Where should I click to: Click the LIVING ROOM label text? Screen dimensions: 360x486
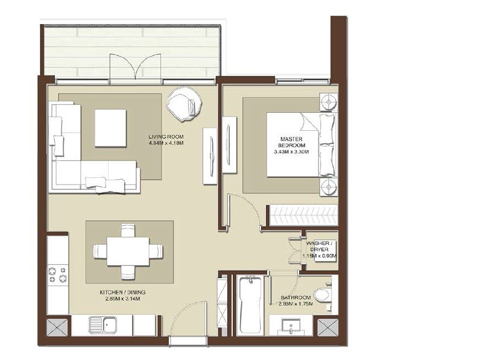[166, 136]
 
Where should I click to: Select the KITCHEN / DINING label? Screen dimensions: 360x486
[123, 292]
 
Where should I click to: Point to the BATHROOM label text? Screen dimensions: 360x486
[296, 298]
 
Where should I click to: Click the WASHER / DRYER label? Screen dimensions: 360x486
[320, 247]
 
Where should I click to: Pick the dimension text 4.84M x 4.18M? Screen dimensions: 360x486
[166, 144]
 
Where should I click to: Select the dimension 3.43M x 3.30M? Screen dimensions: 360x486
[292, 152]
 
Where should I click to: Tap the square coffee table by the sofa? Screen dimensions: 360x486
[110, 128]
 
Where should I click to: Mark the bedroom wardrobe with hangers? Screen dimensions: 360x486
[300, 215]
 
